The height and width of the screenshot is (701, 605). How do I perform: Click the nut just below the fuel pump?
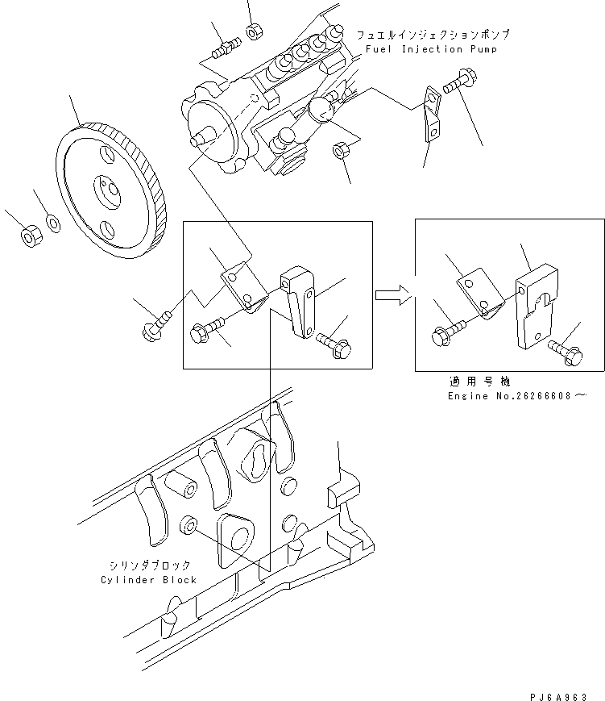click(x=339, y=151)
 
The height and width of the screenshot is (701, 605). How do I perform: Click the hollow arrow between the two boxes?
click(x=392, y=294)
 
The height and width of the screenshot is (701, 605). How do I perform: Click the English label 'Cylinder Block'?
click(x=149, y=580)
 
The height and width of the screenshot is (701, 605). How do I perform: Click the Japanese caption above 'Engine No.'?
click(x=480, y=382)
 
